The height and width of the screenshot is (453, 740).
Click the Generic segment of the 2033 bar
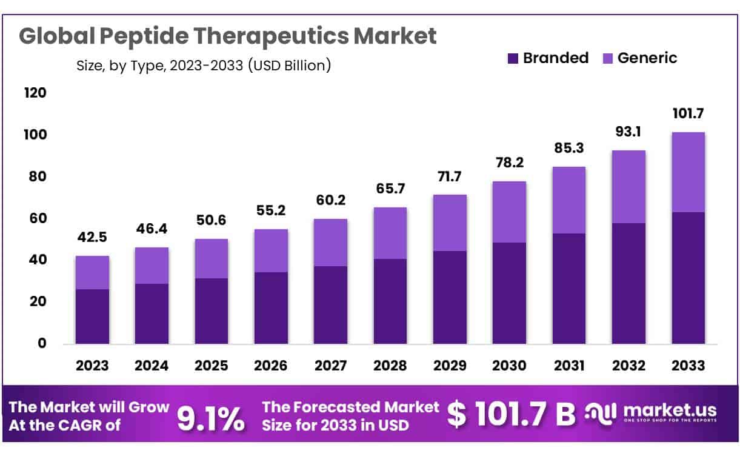pos(688,172)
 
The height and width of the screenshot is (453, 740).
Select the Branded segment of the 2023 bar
pos(92,316)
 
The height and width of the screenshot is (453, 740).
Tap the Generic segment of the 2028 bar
pos(390,233)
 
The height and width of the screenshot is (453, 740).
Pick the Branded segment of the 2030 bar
pos(509,293)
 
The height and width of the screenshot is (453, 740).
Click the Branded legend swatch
pos(513,59)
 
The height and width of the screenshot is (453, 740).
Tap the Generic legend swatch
pos(608,59)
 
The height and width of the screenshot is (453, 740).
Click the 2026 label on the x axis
pos(271,366)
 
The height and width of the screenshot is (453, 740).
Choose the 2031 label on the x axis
pos(569,366)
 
